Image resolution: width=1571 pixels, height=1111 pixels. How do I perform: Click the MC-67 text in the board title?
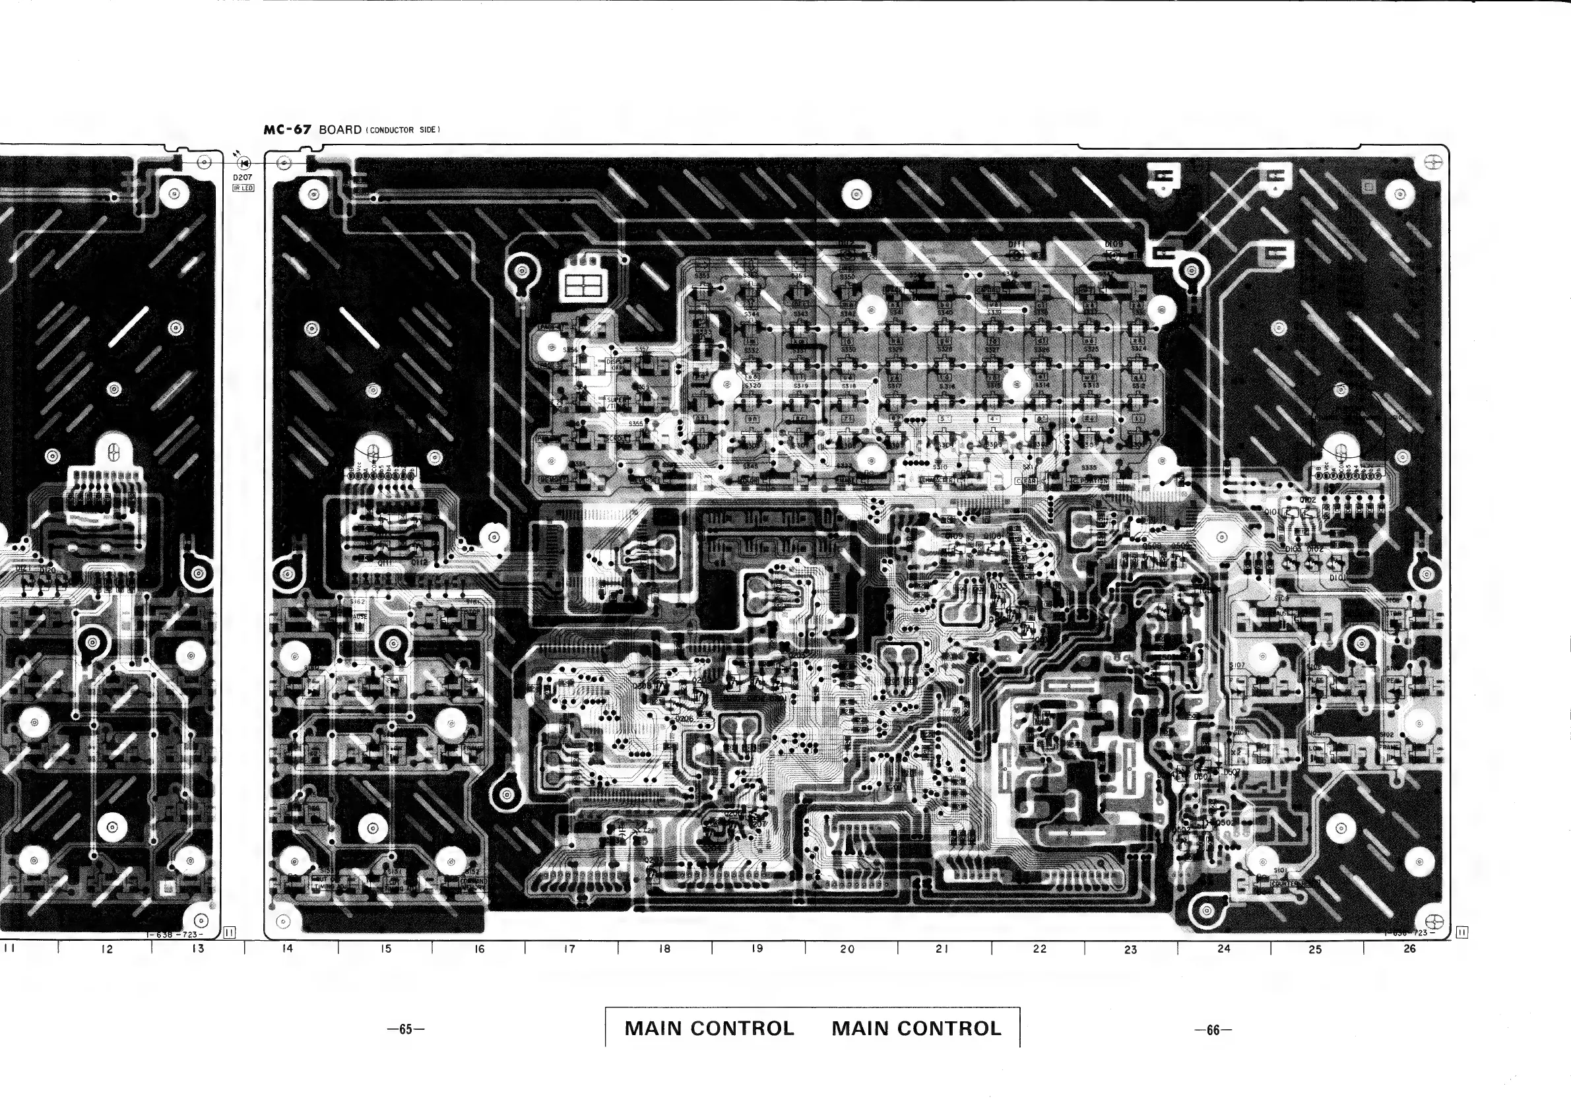(x=288, y=130)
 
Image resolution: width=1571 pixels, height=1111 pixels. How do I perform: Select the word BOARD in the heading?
(x=340, y=130)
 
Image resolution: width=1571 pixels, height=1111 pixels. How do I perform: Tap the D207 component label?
(x=242, y=177)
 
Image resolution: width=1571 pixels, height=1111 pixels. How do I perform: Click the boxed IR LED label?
(x=243, y=188)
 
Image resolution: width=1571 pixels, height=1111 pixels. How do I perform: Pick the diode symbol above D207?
(x=243, y=163)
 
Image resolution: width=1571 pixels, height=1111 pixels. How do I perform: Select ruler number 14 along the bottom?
(x=288, y=948)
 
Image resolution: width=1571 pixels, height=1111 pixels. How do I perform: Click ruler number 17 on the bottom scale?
(x=569, y=949)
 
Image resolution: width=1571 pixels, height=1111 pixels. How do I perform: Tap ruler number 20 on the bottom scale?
(x=847, y=949)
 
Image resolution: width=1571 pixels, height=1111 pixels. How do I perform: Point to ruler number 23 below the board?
(x=1130, y=949)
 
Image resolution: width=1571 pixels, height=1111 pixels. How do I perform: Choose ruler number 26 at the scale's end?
(x=1409, y=949)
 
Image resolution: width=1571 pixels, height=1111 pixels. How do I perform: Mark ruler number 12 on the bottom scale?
(x=106, y=949)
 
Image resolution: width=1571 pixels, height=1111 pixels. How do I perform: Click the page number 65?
(x=406, y=1030)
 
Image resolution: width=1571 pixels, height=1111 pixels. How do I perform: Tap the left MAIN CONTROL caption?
(x=709, y=1029)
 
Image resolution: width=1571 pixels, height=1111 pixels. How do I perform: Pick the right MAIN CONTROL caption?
(x=916, y=1029)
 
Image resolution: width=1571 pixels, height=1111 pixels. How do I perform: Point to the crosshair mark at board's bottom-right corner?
(x=1435, y=921)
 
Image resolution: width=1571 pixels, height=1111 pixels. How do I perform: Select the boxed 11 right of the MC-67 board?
(x=1462, y=932)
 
